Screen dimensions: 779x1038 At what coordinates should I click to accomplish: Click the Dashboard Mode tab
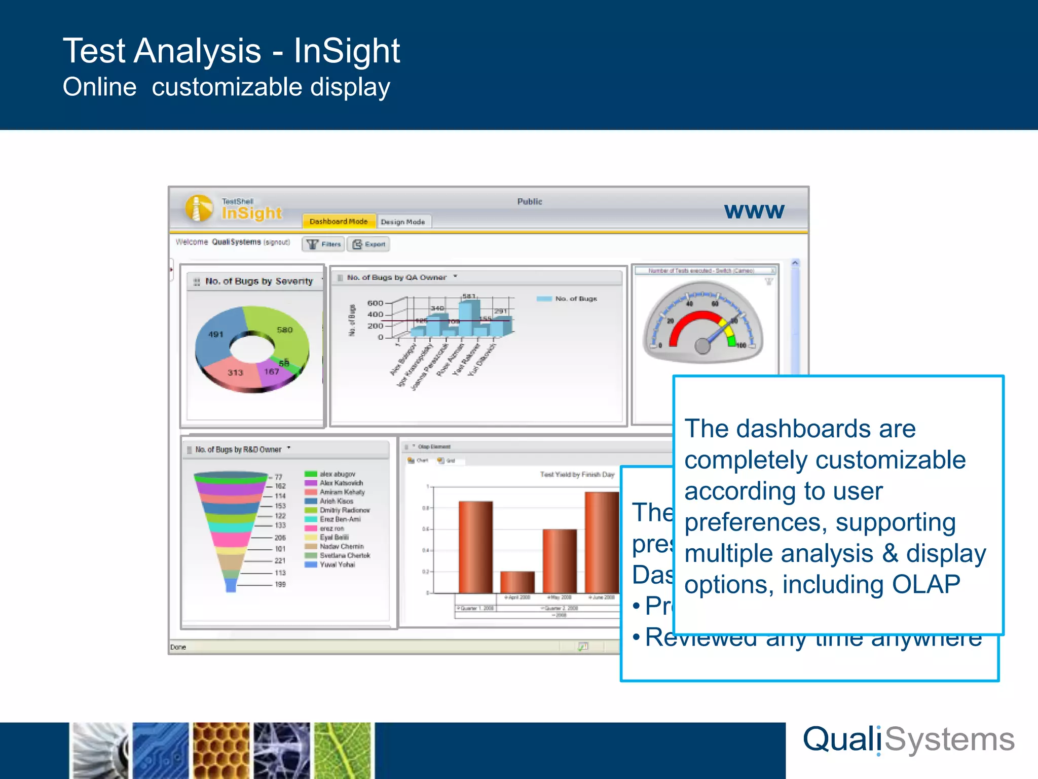coord(339,222)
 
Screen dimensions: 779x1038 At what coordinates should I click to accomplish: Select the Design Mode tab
coord(403,222)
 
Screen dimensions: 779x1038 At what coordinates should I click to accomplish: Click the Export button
coord(369,244)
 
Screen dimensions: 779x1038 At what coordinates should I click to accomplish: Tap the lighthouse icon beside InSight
coord(199,208)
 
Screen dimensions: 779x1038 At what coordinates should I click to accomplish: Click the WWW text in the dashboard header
coord(754,211)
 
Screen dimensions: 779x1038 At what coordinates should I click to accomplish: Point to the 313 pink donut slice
coord(234,372)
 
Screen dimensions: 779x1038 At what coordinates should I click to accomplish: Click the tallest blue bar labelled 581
coord(468,317)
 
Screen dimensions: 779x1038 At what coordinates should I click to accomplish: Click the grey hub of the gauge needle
coord(702,346)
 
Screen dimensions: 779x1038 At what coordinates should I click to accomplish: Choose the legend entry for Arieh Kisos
coord(337,501)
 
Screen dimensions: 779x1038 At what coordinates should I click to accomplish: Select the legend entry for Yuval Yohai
coord(337,564)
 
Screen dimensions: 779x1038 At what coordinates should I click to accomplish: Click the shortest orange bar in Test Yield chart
coord(517,582)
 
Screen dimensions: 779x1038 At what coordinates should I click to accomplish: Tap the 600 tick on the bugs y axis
coord(375,303)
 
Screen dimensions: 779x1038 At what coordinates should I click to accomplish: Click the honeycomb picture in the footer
coord(221,751)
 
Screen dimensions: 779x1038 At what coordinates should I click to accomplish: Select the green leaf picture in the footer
coord(343,751)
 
